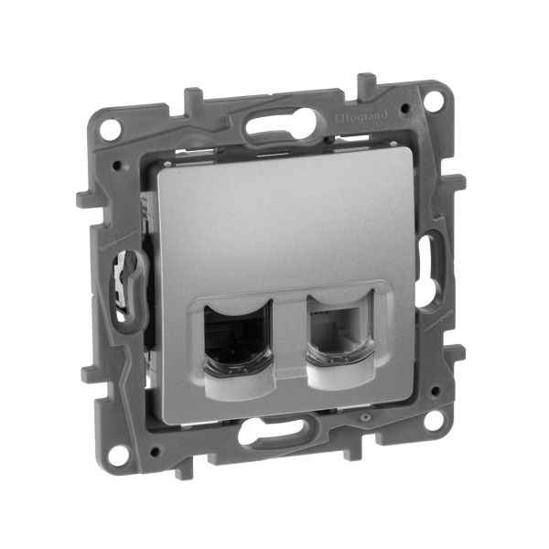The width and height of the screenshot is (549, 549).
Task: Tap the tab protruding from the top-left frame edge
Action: [193, 96]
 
